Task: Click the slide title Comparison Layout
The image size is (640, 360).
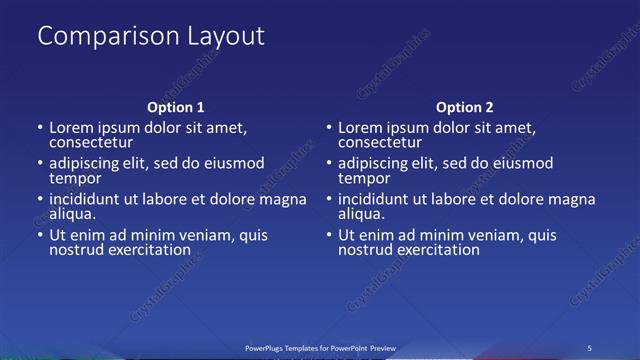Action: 151,37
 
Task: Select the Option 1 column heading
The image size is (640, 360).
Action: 175,107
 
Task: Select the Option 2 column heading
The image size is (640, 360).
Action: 464,107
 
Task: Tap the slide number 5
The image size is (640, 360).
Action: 591,347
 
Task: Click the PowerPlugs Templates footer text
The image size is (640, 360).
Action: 320,347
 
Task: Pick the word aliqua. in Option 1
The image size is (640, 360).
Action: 73,214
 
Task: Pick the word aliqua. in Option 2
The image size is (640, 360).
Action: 362,214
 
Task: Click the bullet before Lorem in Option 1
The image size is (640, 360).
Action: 40,128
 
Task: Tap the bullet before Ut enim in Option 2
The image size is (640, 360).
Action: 329,236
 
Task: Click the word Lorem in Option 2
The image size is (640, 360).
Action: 359,127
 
